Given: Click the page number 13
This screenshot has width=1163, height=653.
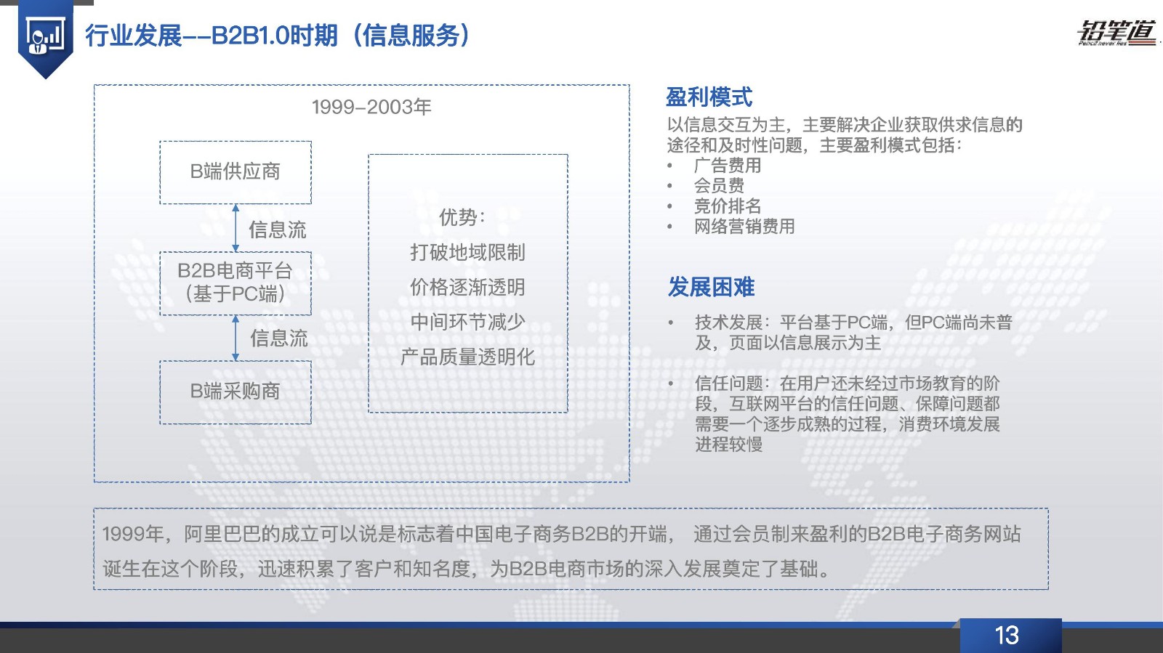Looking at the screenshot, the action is tap(1006, 636).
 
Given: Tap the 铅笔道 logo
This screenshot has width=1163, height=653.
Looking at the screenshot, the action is tap(1116, 33).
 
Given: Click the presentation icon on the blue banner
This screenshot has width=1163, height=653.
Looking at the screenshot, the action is tap(45, 36).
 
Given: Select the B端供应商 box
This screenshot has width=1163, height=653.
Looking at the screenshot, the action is tap(236, 172).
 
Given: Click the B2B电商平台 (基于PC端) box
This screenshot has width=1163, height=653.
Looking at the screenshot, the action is tap(236, 283).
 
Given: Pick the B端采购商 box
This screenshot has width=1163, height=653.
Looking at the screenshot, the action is tap(236, 393).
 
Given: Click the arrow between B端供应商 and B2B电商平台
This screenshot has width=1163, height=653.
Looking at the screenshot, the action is tap(236, 228).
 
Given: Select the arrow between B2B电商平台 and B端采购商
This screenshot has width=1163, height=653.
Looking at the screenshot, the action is tap(236, 338).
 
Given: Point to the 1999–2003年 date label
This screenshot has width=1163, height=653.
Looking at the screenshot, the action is tap(371, 107).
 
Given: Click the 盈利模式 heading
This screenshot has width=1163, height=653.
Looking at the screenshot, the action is tap(709, 97).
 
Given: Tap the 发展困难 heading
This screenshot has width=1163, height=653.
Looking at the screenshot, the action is tap(712, 287).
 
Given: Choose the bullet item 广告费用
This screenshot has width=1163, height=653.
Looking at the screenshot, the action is tap(728, 166).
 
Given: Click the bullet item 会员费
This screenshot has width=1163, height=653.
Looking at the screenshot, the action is tap(719, 186).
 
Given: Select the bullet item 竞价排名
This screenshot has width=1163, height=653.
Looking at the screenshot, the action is tap(728, 206).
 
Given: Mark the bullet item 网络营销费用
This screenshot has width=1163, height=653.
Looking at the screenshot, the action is tap(744, 226).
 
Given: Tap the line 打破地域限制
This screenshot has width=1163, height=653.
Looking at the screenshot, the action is tap(468, 252).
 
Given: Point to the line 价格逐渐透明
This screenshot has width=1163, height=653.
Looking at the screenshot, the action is tap(468, 287).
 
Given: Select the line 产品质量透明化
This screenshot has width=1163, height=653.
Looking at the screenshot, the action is tap(468, 357).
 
